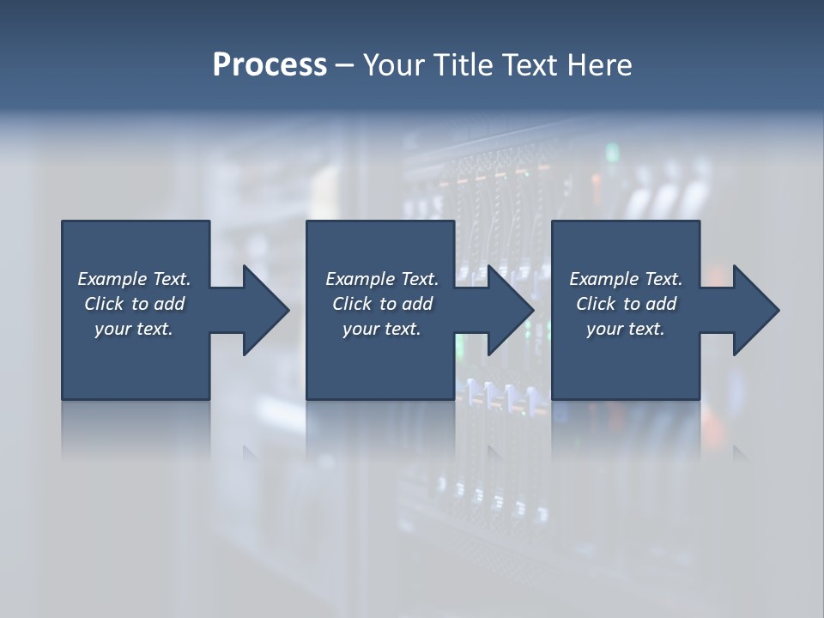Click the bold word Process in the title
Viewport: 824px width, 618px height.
coord(270,65)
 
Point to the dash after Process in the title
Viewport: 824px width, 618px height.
coord(344,66)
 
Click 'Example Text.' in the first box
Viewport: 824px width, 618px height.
coord(134,279)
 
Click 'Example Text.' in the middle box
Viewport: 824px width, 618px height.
coord(382,279)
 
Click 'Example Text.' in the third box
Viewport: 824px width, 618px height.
coord(626,279)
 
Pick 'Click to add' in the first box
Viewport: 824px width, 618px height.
coord(134,304)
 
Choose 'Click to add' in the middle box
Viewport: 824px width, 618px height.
coord(382,304)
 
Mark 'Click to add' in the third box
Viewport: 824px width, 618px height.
coord(626,304)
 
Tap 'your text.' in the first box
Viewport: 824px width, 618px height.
coord(134,329)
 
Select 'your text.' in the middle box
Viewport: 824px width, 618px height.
coord(382,329)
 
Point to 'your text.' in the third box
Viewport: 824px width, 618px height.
coord(626,329)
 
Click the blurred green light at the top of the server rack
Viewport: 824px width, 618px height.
coord(612,153)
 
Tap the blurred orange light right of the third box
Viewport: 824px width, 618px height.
coord(714,277)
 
